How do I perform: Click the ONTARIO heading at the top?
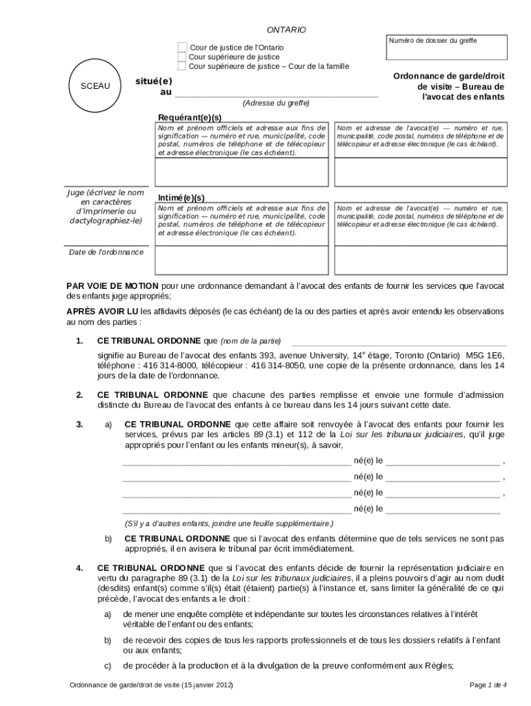[286, 30]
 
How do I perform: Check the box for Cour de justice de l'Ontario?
[182, 47]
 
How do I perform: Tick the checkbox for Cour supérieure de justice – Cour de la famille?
[182, 66]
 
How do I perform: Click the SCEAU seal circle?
[95, 86]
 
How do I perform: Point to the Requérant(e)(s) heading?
[190, 118]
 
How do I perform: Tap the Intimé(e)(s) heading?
[181, 197]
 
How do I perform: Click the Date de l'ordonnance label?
[106, 252]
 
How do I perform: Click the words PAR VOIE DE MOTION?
[112, 285]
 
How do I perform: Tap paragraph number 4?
[79, 568]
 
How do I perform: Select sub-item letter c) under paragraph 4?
[108, 666]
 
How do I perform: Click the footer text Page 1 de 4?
[488, 685]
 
